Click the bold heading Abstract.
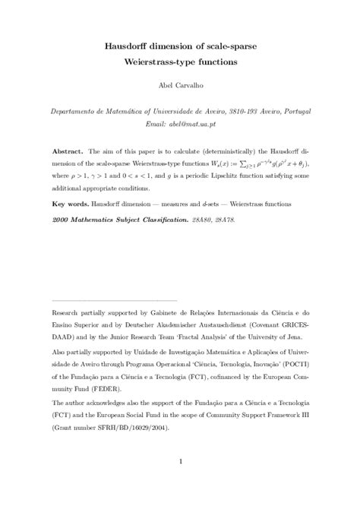[67, 150]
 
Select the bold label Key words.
[71, 204]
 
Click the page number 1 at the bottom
[179, 460]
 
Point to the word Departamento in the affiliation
[77, 110]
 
